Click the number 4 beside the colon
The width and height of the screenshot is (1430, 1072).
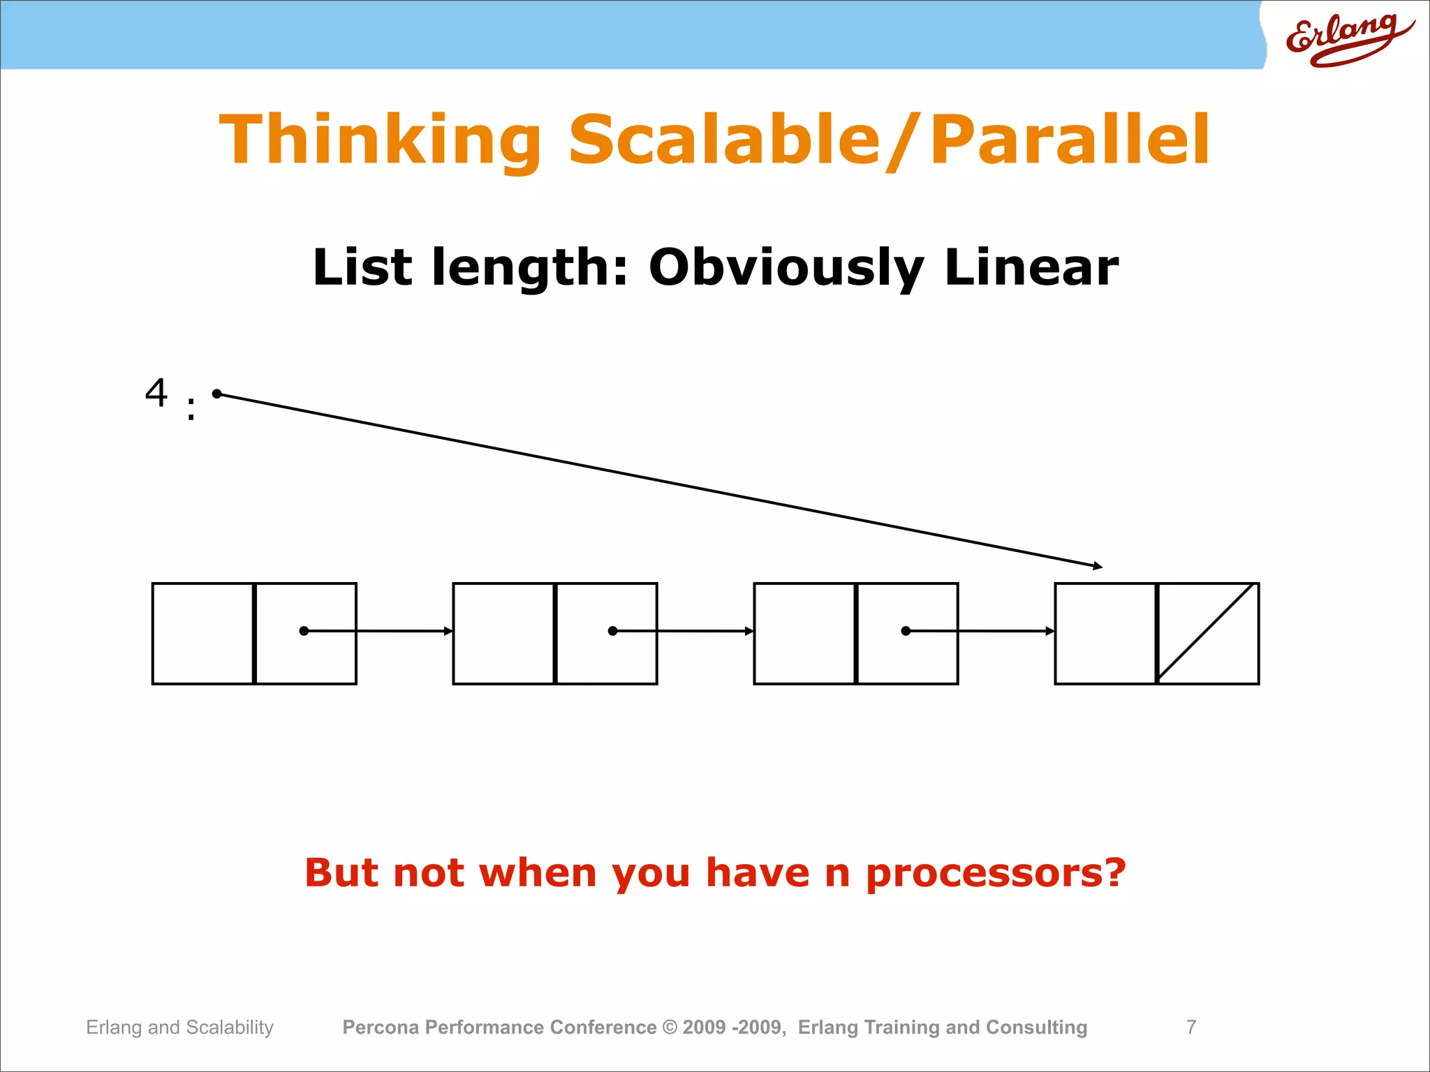tap(156, 392)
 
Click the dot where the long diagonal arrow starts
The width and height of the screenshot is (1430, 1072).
tap(217, 394)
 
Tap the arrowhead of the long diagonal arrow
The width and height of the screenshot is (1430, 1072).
tap(1098, 566)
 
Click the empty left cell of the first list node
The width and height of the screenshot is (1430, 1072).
tap(202, 633)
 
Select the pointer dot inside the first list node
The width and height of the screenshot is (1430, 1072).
tap(304, 631)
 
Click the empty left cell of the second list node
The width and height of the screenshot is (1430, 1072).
tap(503, 633)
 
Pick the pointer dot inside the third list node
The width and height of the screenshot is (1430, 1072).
tap(906, 631)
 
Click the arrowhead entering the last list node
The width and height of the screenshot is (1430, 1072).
tap(1050, 631)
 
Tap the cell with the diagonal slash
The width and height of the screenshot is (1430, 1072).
tap(1208, 633)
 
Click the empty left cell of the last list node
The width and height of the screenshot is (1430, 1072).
tap(1105, 633)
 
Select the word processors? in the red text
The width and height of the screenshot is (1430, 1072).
tap(996, 873)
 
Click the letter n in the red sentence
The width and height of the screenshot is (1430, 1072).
tap(837, 874)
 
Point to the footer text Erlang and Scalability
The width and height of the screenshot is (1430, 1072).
tap(179, 1027)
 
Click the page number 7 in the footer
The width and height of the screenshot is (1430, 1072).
tap(1191, 1027)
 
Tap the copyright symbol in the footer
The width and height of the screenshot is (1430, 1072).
tap(670, 1027)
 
